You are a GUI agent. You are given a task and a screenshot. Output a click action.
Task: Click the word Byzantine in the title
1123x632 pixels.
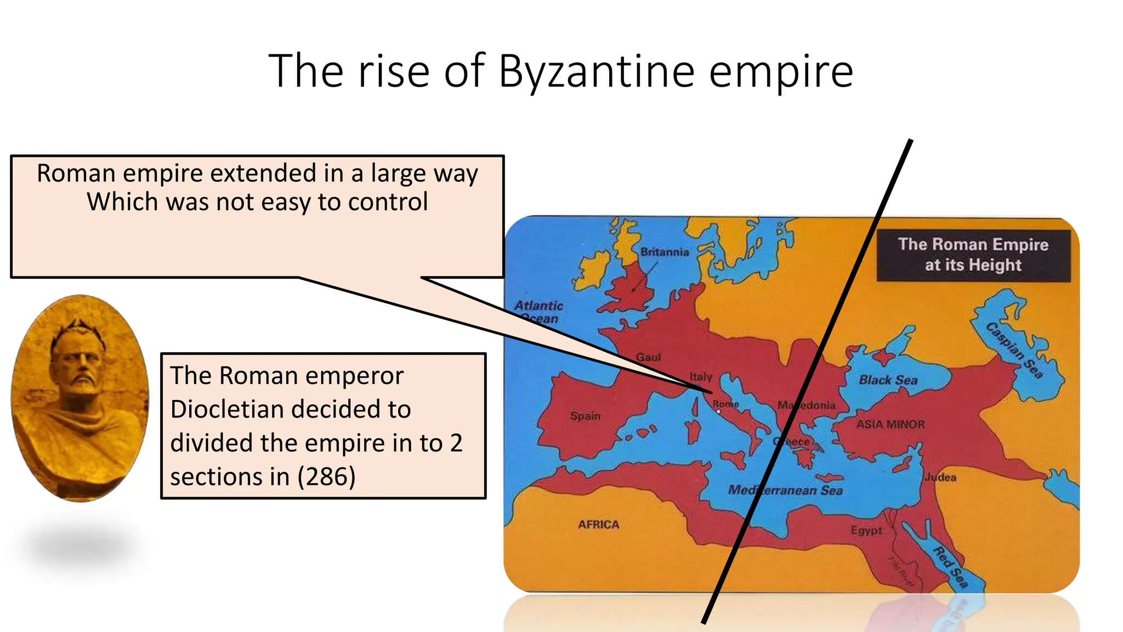(x=597, y=72)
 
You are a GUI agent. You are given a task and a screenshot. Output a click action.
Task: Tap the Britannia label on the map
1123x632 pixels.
(x=665, y=252)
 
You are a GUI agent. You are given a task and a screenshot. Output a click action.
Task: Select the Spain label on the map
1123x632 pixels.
(x=585, y=416)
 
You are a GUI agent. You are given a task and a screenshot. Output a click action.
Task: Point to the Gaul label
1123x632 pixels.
(x=648, y=357)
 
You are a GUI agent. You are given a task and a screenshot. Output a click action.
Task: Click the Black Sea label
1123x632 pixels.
(x=888, y=380)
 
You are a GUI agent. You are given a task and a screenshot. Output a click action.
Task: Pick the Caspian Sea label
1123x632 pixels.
(x=1014, y=351)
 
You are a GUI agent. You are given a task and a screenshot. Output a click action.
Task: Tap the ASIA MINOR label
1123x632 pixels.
(x=891, y=424)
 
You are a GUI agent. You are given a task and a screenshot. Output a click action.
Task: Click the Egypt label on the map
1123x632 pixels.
(x=866, y=531)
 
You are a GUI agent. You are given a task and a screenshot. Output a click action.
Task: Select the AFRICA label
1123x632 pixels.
(x=598, y=524)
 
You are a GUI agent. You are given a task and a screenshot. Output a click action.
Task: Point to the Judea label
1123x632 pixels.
(x=940, y=477)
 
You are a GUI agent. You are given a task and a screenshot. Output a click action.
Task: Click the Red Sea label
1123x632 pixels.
(x=951, y=567)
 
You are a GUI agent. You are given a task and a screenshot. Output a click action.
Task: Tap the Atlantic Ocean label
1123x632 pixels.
(x=538, y=312)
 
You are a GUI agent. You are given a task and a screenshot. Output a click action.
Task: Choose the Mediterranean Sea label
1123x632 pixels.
(x=785, y=490)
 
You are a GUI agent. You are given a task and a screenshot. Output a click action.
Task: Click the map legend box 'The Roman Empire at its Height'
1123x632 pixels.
(x=973, y=255)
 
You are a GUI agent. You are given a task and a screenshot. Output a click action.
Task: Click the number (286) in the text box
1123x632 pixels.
(x=326, y=476)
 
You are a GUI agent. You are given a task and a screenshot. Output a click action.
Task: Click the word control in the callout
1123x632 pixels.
(x=388, y=202)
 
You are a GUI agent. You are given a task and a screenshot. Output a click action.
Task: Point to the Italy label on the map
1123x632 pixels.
(x=700, y=377)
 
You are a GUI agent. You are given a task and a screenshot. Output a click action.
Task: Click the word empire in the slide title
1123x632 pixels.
(x=781, y=72)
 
